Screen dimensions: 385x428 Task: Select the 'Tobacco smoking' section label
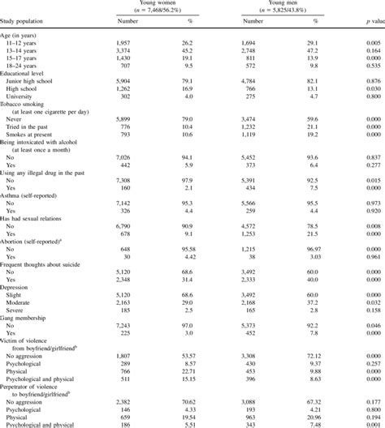30,105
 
